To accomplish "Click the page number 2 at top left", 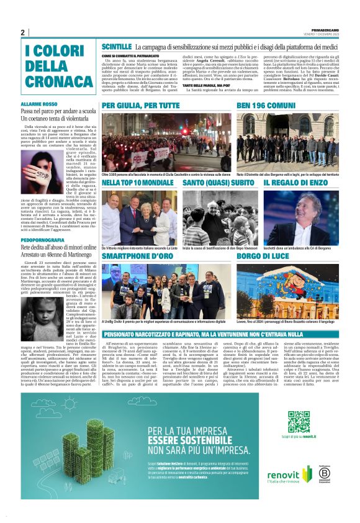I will point(23,33).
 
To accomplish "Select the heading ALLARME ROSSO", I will point(39,104).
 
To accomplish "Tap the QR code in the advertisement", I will point(299,423).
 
